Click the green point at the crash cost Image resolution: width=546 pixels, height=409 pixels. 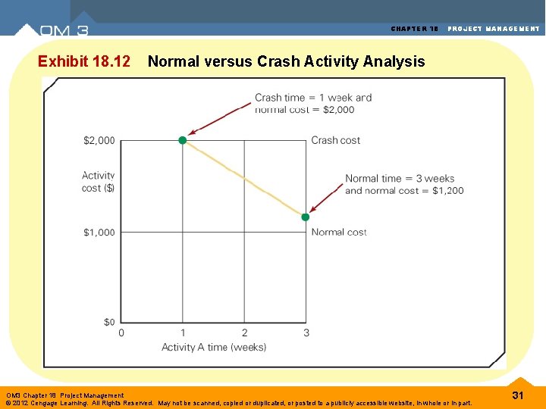click(x=182, y=140)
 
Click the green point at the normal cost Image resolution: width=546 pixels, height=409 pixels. click(x=306, y=217)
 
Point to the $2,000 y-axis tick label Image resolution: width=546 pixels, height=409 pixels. click(x=99, y=140)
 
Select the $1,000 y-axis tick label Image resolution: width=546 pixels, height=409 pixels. click(x=99, y=233)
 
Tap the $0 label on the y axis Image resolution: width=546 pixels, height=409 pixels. click(x=109, y=322)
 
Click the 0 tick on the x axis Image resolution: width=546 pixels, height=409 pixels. click(x=121, y=333)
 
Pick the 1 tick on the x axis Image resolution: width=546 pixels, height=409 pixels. click(x=182, y=333)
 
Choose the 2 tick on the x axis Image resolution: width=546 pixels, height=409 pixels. click(x=244, y=333)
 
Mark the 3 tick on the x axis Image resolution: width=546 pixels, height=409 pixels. click(x=306, y=333)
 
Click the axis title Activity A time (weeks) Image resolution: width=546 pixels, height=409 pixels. click(x=214, y=348)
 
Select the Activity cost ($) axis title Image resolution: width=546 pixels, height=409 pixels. click(x=99, y=182)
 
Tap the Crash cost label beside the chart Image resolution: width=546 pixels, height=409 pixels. click(x=336, y=140)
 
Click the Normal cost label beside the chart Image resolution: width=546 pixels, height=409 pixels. click(x=339, y=232)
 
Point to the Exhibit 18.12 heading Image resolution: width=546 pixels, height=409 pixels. click(x=83, y=61)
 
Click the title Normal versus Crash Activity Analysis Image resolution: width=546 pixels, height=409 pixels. click(x=286, y=61)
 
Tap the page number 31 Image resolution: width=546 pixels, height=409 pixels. click(x=519, y=395)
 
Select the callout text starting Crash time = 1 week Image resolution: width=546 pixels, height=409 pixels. click(x=313, y=103)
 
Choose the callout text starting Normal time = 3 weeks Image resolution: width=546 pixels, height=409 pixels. click(x=403, y=185)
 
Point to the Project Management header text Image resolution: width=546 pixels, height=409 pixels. click(x=494, y=29)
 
